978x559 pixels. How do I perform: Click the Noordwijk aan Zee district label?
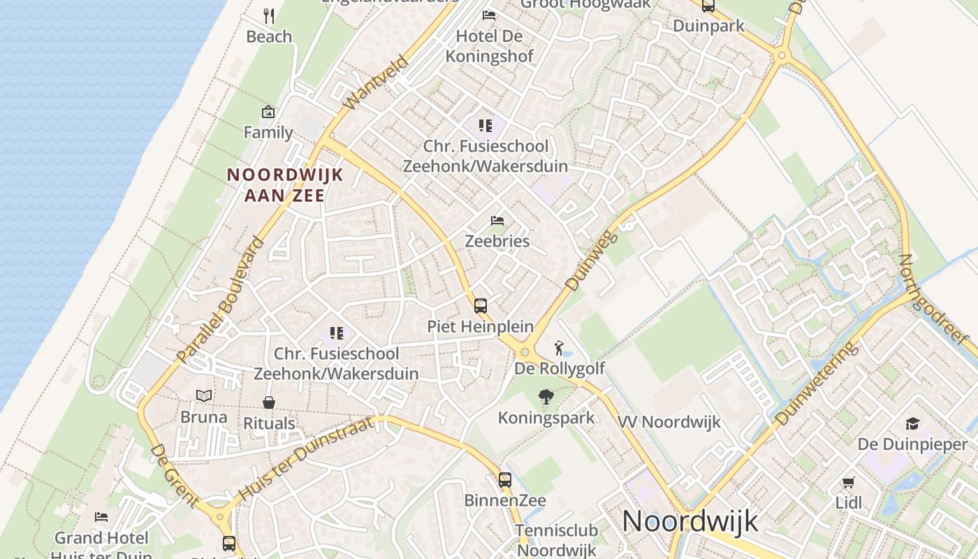click(x=285, y=184)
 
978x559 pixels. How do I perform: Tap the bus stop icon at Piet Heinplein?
click(x=481, y=305)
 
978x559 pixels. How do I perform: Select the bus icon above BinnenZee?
click(x=505, y=480)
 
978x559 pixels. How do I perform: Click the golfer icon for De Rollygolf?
click(x=559, y=347)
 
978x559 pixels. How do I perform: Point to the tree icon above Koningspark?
click(x=546, y=398)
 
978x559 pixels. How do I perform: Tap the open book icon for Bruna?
click(x=204, y=396)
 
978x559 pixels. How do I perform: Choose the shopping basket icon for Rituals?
click(x=269, y=402)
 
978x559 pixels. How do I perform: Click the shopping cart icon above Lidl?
click(x=849, y=482)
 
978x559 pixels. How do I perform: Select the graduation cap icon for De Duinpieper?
click(x=912, y=423)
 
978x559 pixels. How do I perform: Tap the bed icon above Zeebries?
click(x=497, y=221)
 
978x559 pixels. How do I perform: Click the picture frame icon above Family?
click(x=268, y=112)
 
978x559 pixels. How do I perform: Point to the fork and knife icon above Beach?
click(x=269, y=15)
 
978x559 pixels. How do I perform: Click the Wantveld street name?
click(x=376, y=82)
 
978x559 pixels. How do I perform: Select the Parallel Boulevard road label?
click(x=220, y=300)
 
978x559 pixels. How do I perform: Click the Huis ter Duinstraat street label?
click(x=305, y=458)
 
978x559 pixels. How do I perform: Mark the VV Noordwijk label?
click(x=669, y=422)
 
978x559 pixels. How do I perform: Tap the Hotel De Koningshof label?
click(x=489, y=46)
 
